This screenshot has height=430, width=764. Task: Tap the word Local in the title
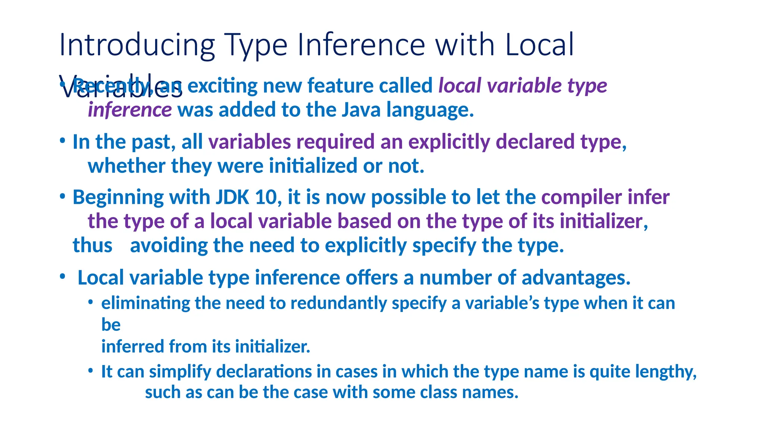point(539,45)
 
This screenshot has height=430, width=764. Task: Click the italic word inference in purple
point(129,110)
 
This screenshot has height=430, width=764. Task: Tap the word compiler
point(582,198)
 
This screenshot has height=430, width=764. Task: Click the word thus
point(92,246)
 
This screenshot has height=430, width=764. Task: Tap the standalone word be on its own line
point(111,325)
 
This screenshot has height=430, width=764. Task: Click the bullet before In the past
point(63,141)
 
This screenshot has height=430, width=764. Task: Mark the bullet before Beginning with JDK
point(63,196)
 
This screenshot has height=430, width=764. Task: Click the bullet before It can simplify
point(90,370)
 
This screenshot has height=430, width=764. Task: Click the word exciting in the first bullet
point(222,86)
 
